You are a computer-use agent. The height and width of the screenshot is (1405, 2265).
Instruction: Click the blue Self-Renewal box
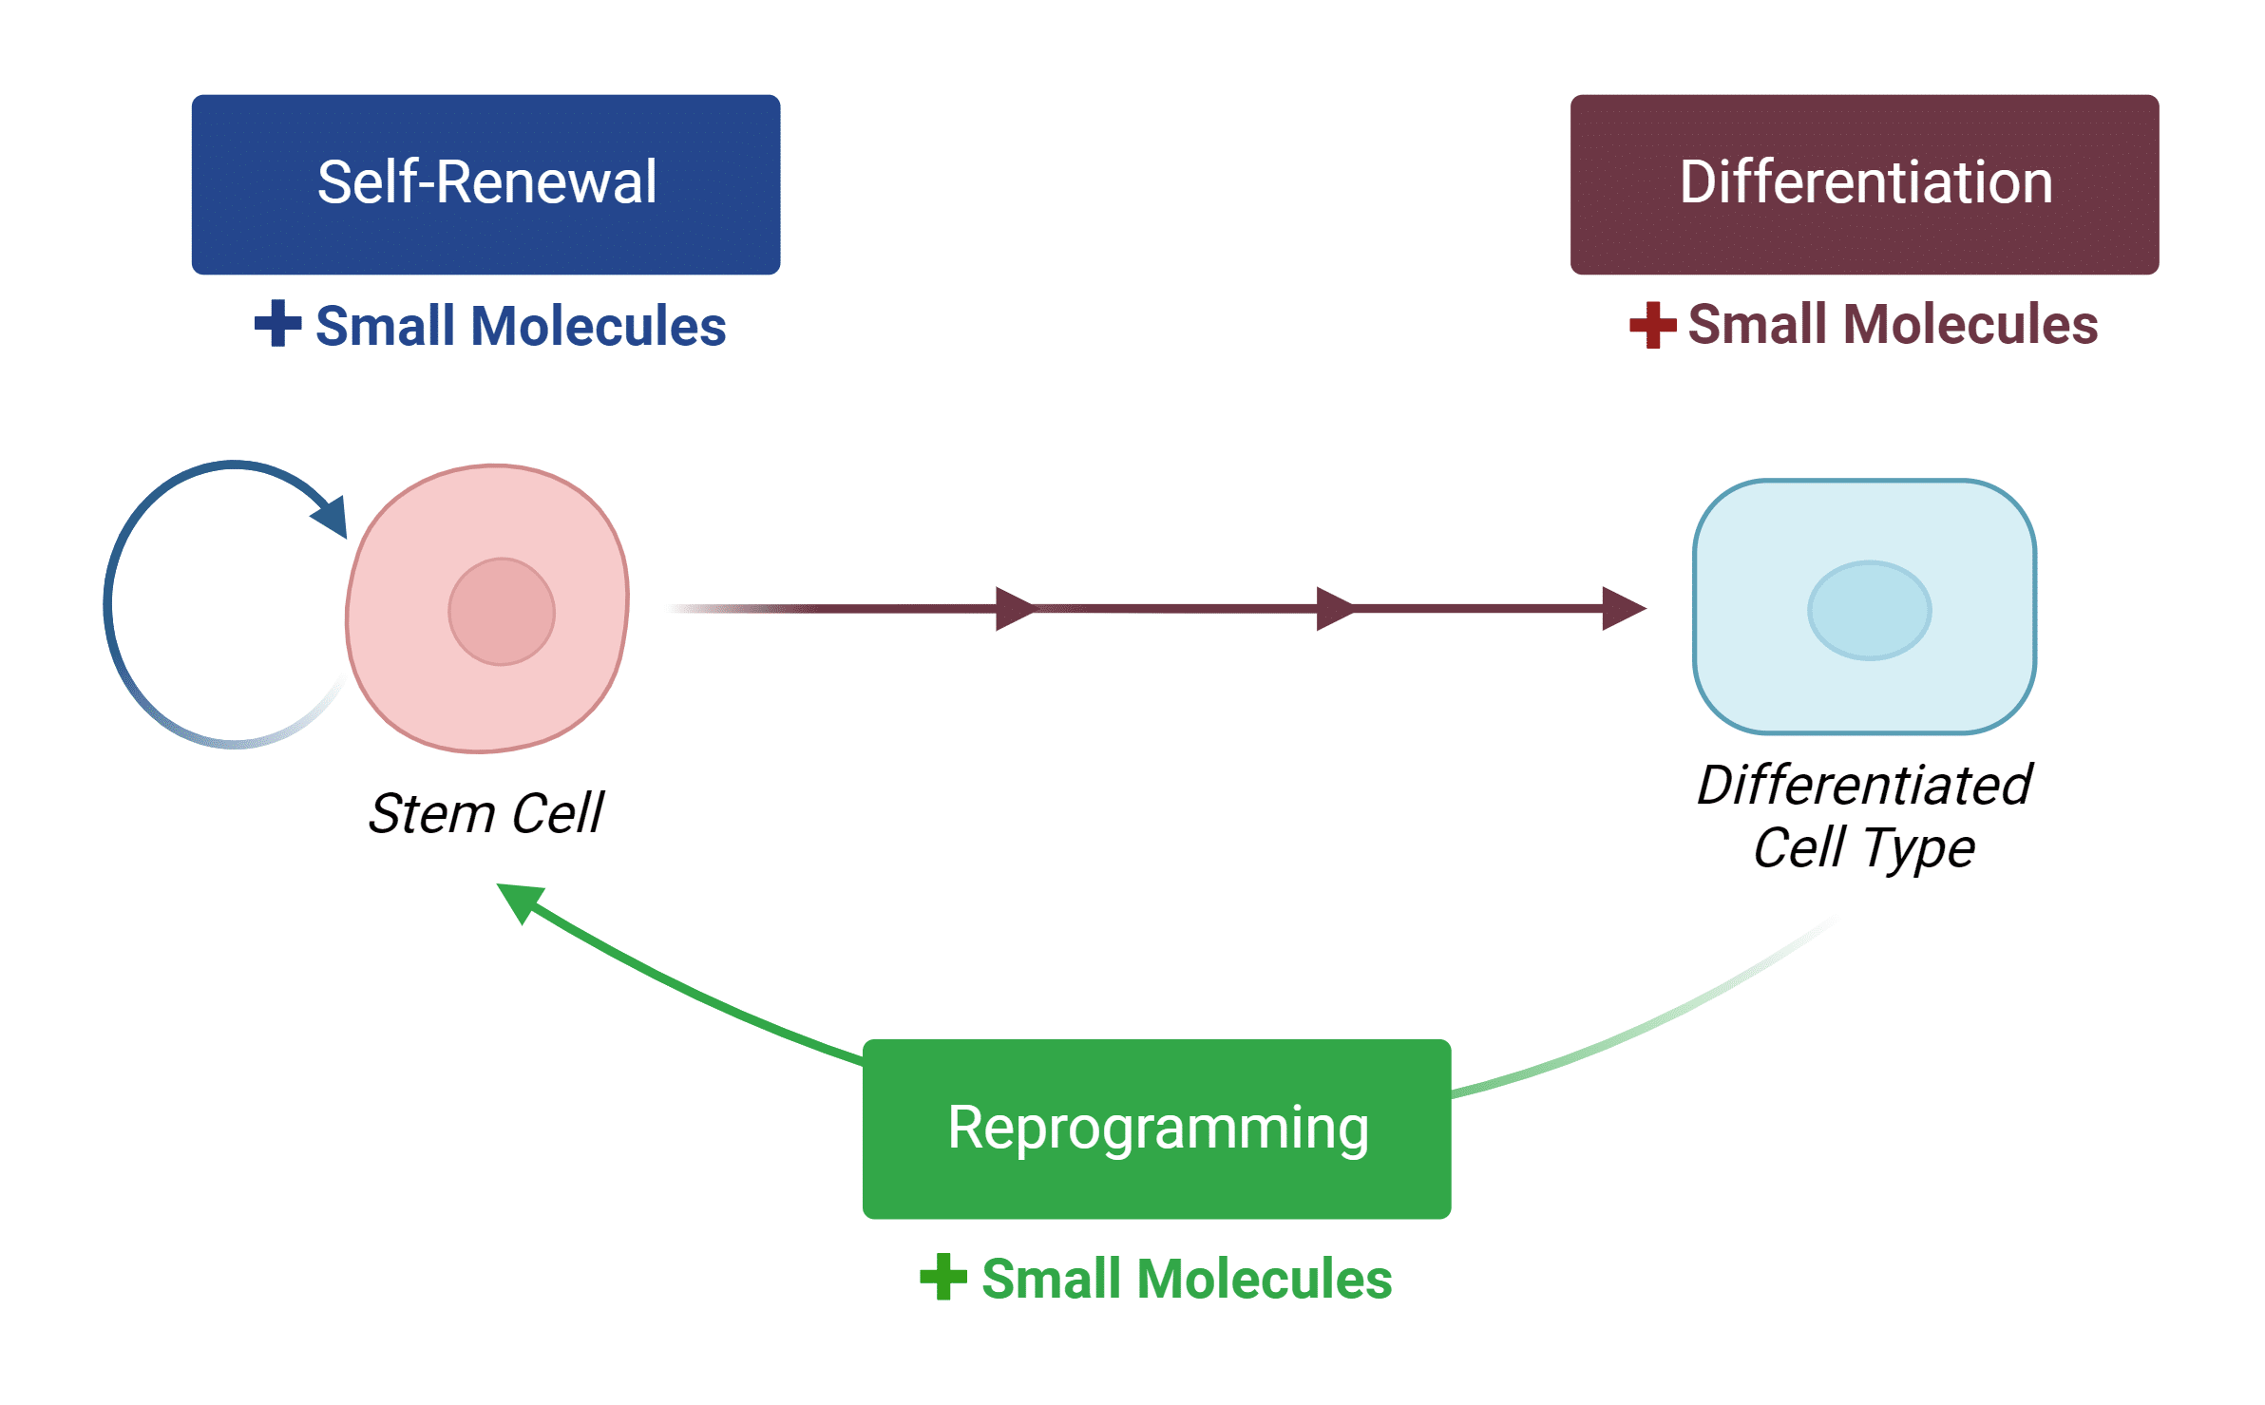pos(485,184)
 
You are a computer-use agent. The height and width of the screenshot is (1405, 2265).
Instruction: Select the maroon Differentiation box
pos(1864,184)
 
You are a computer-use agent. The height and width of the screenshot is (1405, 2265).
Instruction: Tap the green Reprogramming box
pos(1156,1129)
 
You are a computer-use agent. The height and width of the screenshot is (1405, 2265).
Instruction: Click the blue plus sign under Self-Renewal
pos(278,323)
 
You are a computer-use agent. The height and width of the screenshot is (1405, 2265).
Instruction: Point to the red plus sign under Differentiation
pos(1653,325)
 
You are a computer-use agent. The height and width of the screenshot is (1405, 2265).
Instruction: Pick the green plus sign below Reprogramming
pos(943,1277)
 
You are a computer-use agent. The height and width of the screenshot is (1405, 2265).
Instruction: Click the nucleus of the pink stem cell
pos(502,612)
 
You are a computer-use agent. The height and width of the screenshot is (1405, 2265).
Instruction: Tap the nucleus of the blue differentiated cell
pos(1870,611)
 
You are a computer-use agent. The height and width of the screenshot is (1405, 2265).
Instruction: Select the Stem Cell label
pos(485,813)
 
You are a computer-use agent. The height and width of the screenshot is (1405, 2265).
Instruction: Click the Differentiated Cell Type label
pos(1864,816)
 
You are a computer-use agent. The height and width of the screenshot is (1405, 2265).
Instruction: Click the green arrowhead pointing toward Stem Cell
pos(520,902)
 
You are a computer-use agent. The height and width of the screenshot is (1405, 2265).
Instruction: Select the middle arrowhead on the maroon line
pos(1336,609)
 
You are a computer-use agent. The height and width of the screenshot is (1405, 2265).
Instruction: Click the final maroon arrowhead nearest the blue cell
pos(1625,609)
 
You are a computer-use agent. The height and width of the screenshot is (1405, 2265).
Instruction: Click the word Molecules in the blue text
pos(599,326)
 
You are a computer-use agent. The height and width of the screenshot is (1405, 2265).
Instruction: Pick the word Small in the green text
pos(1051,1279)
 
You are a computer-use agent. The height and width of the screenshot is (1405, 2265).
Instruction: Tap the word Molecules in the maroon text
pos(1970,324)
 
